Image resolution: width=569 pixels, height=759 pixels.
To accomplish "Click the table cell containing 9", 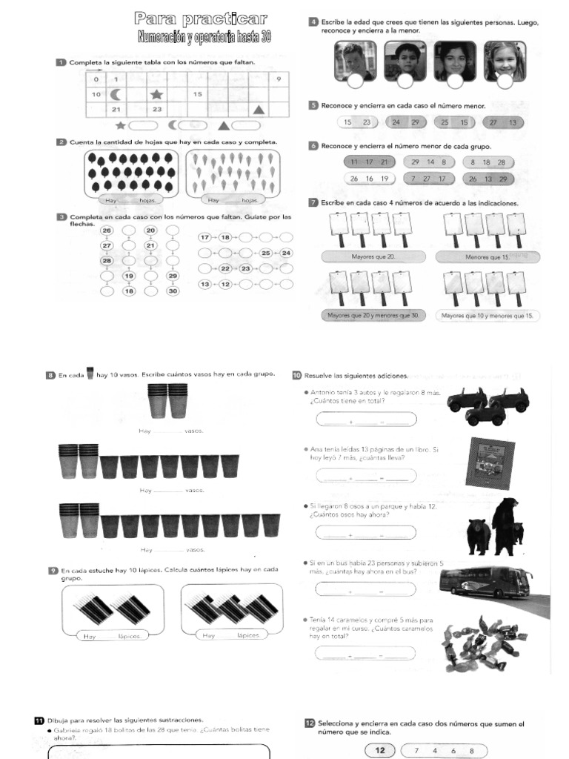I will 279,79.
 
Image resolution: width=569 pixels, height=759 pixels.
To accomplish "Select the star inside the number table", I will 156,94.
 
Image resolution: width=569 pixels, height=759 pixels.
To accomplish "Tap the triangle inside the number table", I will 259,109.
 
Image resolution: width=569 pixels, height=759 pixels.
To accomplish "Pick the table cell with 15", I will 198,94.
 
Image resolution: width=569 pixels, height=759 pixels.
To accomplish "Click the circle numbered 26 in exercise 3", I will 106,231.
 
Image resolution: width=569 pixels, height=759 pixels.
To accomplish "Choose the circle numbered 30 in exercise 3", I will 173,291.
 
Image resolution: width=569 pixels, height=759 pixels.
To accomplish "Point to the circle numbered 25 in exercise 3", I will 267,253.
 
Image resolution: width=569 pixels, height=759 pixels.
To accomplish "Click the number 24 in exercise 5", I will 396,122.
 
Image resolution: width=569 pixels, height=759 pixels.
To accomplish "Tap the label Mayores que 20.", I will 373,256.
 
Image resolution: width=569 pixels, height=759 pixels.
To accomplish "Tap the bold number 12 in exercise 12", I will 380,750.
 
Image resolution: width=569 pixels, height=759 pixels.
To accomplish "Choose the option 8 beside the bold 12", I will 471,750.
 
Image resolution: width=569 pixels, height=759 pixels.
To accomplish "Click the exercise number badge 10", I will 296,374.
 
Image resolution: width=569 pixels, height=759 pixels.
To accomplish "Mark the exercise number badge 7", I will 314,202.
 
